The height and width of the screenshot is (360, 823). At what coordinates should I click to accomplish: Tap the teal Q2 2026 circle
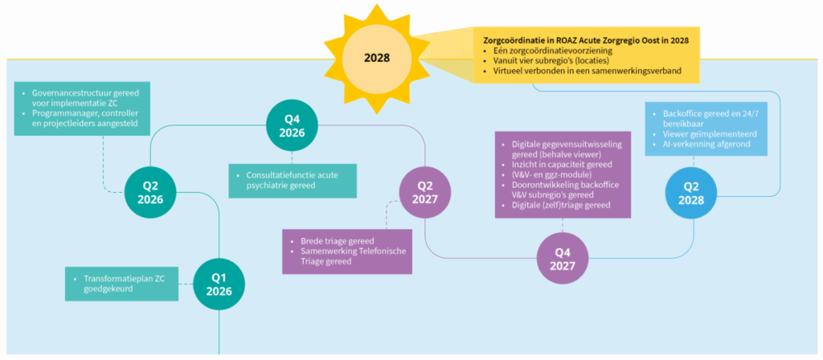point(150,193)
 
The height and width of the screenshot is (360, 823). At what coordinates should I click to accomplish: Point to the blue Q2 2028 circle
point(690,193)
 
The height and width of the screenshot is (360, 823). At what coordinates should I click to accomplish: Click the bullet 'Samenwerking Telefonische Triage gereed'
point(353,256)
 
